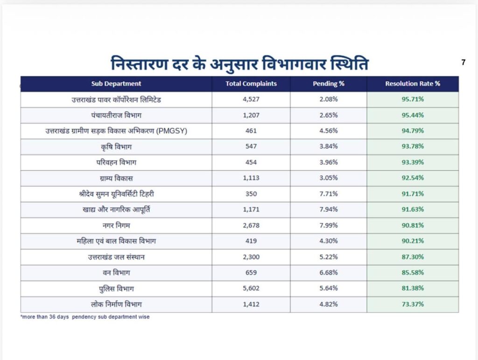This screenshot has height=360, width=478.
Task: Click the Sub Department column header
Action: point(116,84)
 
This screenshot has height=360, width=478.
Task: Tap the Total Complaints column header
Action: point(251,84)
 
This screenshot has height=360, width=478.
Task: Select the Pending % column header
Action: point(328,84)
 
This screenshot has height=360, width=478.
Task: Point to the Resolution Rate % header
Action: point(413,84)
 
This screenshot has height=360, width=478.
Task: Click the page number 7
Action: point(464,62)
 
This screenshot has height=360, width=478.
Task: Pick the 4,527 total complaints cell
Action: point(251,99)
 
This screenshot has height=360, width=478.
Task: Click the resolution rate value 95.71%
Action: point(413,99)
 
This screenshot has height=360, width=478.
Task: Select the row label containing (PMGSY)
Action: point(116,131)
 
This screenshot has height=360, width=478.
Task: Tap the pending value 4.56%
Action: point(328,131)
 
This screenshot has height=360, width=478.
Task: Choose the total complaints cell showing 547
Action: point(251,146)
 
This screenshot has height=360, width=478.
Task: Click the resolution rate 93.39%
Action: point(413,162)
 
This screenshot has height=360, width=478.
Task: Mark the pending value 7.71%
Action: point(328,194)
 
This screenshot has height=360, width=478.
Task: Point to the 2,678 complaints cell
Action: point(251,225)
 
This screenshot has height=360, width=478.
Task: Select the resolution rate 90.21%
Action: point(413,241)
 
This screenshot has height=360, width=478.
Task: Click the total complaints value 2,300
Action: point(251,257)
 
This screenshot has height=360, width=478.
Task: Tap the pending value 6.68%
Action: point(328,273)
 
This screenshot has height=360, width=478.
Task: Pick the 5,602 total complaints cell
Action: point(251,288)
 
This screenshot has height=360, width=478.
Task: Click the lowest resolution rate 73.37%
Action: point(413,304)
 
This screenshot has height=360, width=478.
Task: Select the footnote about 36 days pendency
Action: point(85,317)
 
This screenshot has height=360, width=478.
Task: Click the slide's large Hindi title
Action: point(239,64)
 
